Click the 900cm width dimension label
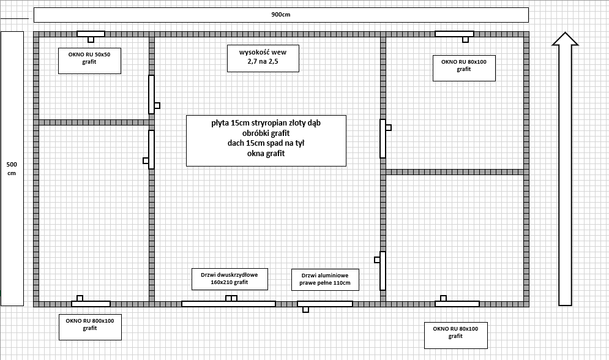coord(281,15)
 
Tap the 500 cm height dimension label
coord(12,168)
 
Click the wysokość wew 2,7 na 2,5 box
coord(263,58)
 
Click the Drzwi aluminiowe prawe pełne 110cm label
coord(325,279)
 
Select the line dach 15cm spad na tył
coord(266,143)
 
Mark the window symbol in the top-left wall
coord(91,34)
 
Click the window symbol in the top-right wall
coord(454,34)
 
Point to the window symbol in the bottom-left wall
coord(91,303)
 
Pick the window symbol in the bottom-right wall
coord(457,303)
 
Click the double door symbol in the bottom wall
coord(228,303)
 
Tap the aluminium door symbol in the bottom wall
coord(324,303)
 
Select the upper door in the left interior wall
coord(151,94)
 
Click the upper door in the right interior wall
coord(383,138)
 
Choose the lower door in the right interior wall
coord(383,271)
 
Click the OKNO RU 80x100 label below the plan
coord(455,332)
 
